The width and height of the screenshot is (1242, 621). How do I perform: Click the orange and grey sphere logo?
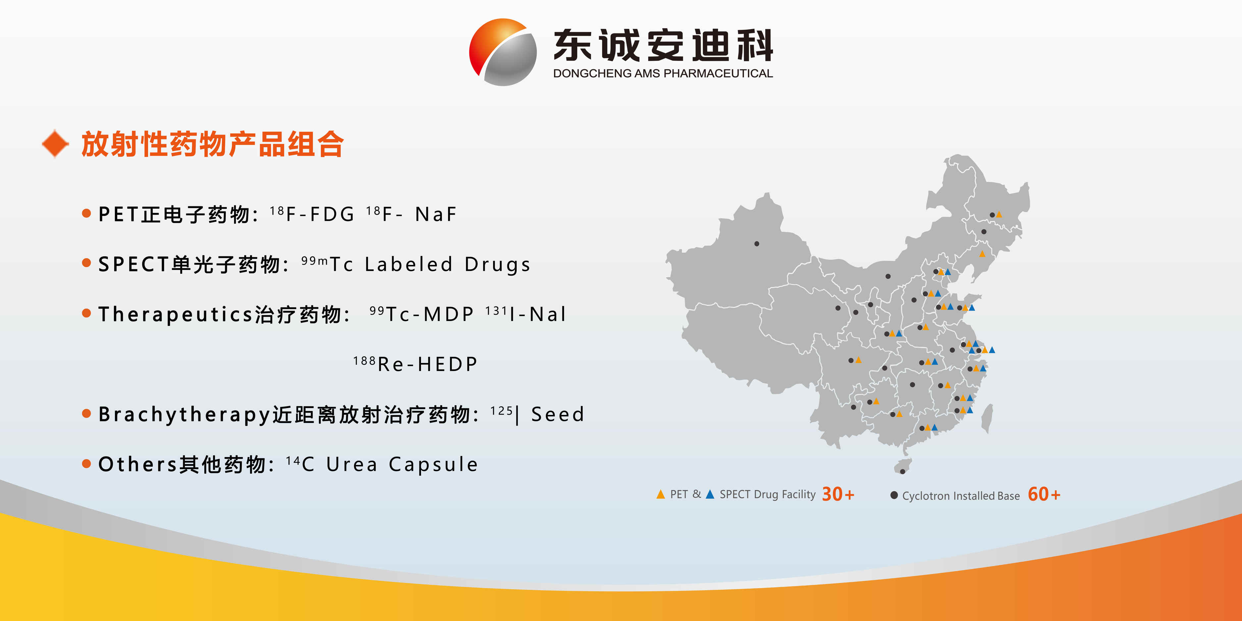[503, 52]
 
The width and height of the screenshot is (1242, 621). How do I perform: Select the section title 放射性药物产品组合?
[212, 144]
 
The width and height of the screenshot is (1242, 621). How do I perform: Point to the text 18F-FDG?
[312, 214]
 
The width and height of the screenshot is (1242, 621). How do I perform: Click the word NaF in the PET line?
[436, 214]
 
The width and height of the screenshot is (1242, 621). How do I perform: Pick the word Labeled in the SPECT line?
[408, 264]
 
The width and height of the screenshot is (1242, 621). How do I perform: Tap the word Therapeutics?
[176, 314]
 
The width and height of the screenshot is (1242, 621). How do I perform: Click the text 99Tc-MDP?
[421, 314]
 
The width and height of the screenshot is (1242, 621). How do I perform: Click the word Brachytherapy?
[185, 415]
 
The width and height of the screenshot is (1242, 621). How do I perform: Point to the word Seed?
[557, 414]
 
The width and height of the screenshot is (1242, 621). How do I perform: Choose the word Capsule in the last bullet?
[434, 465]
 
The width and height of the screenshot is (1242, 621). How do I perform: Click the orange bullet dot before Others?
[86, 464]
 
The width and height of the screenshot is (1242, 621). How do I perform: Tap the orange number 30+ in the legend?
[838, 494]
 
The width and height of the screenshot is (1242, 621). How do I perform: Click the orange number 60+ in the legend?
[1044, 494]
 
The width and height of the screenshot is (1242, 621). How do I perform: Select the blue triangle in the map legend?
[710, 494]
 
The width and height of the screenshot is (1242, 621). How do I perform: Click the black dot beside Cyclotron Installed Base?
[894, 495]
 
